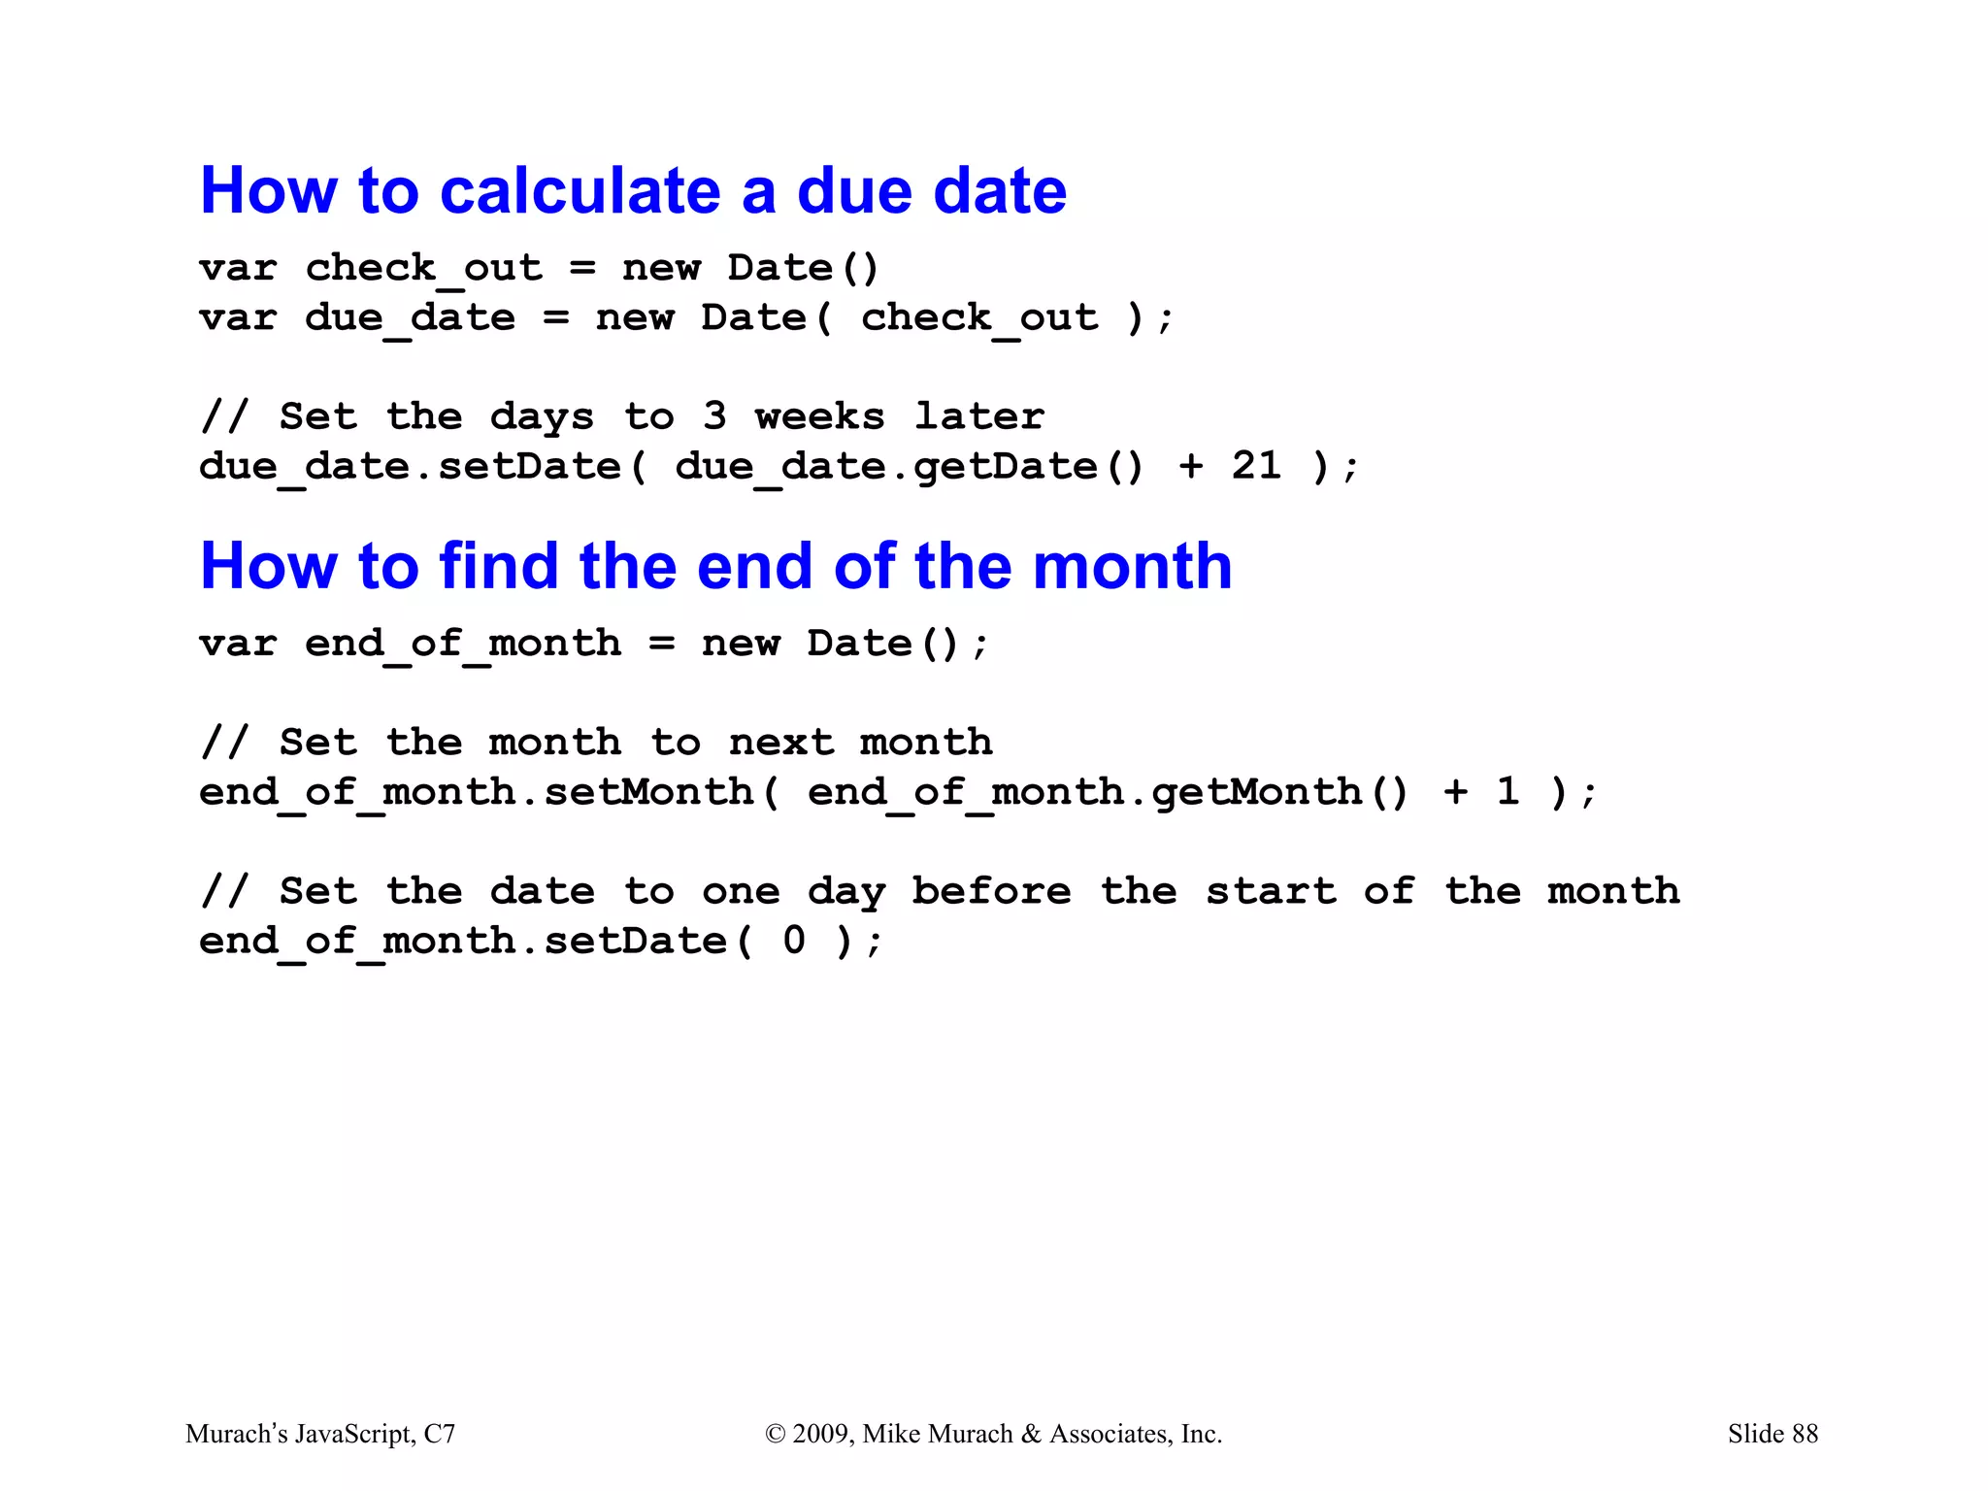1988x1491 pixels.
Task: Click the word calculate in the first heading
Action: pos(580,191)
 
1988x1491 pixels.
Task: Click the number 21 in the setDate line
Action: pos(1256,466)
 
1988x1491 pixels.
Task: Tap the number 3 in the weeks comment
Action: pos(714,416)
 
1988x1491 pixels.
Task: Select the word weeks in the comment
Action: pos(820,416)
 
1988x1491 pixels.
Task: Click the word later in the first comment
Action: pos(978,416)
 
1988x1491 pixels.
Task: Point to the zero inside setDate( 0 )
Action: pos(794,940)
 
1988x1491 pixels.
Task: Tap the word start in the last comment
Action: pos(1270,890)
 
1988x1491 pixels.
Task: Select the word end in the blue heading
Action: pos(754,566)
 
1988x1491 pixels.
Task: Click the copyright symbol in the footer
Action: pos(775,1434)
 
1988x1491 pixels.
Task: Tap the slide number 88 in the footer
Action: pos(1805,1434)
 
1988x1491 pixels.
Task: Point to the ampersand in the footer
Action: pos(1031,1434)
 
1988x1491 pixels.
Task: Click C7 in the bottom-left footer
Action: pos(439,1434)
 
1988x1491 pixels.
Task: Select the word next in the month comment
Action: pos(780,743)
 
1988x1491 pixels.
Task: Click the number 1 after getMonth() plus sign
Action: pos(1508,791)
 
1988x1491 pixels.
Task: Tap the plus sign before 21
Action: pos(1191,466)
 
